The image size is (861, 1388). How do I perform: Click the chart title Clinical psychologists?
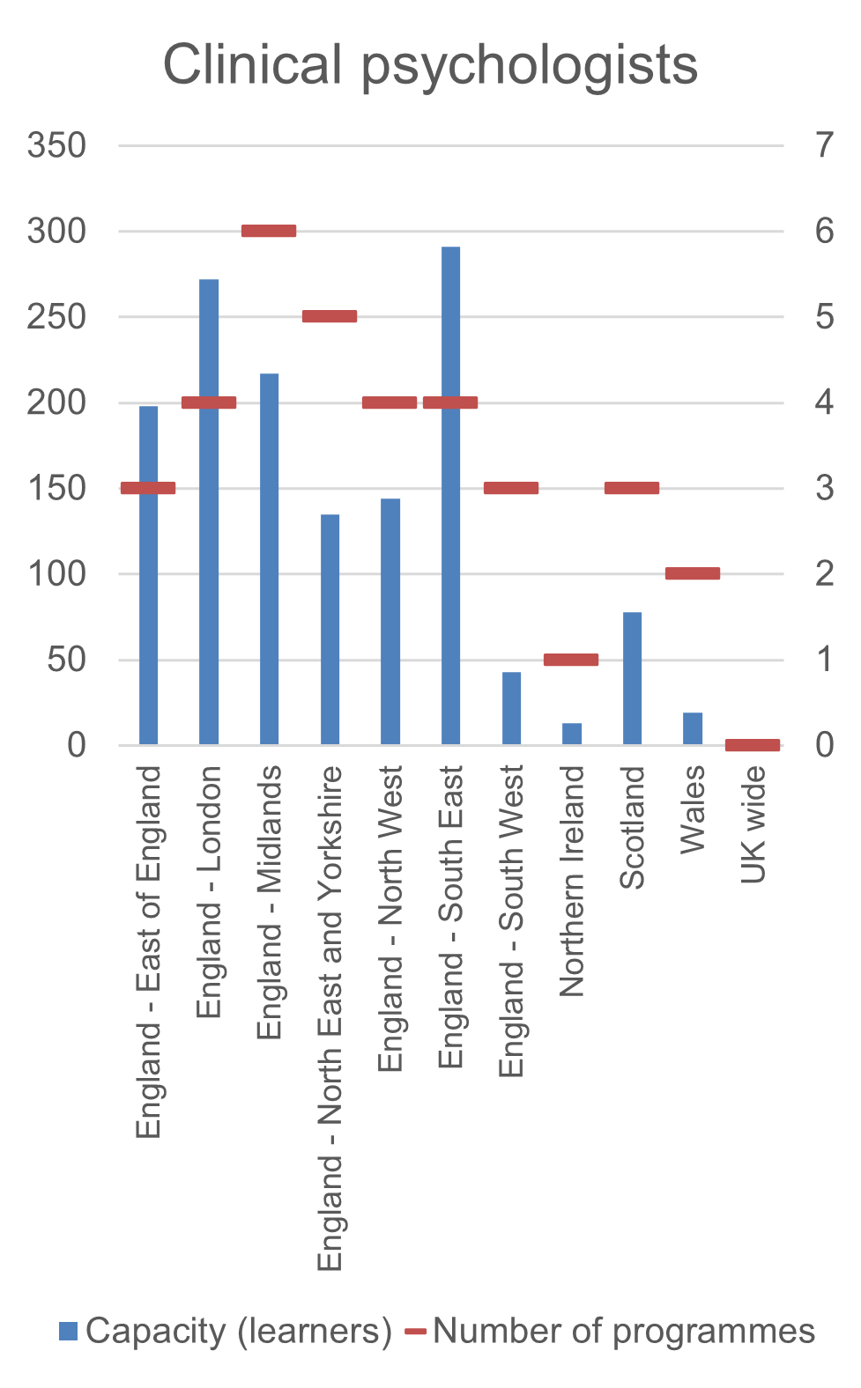[430, 65]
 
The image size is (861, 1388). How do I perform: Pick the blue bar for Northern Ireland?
[572, 734]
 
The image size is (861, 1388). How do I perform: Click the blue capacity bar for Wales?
[693, 728]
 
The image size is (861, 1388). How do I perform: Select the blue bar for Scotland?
[632, 678]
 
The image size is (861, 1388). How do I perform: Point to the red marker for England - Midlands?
[269, 231]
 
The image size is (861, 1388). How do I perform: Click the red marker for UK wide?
[753, 745]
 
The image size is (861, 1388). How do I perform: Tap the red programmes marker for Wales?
[693, 573]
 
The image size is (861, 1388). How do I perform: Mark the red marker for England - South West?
[511, 488]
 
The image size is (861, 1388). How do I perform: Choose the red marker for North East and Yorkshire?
[330, 316]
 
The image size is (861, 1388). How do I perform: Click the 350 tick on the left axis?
[56, 145]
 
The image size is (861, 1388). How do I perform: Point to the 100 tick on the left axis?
[56, 574]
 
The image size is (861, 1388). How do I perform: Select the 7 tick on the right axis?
[824, 145]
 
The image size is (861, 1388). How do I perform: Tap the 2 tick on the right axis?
[824, 574]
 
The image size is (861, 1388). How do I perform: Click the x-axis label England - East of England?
[149, 951]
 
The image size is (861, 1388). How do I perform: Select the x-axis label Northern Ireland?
[572, 881]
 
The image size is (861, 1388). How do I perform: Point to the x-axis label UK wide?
[753, 824]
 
